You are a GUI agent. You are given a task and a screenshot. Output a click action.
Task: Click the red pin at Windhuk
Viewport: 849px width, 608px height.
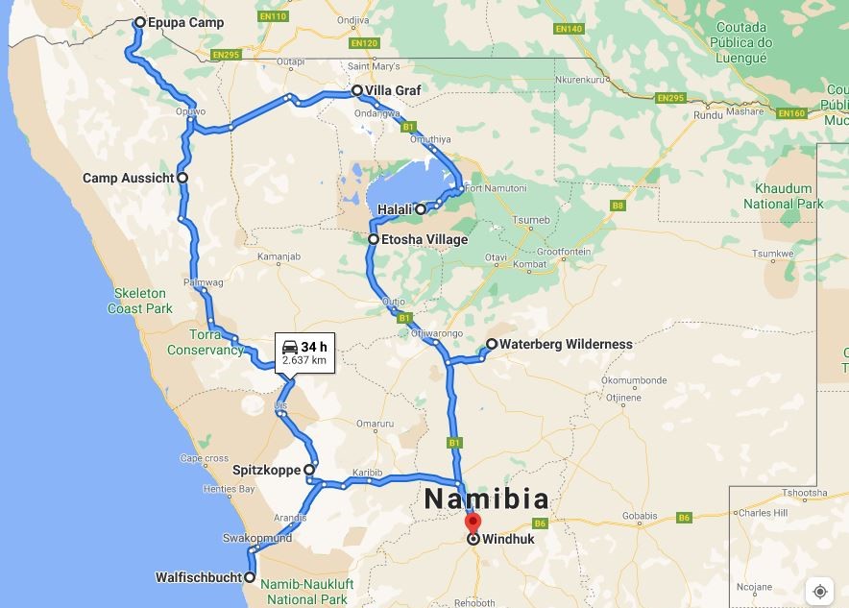tap(473, 523)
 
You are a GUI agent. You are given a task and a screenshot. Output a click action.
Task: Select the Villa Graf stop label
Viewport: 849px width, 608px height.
tap(393, 91)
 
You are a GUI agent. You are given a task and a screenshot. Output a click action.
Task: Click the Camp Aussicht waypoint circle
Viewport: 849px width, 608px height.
tap(182, 178)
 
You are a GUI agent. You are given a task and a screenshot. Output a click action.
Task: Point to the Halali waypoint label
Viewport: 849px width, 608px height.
tap(395, 209)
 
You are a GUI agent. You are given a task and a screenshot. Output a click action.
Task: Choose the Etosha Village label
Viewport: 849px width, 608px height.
tap(424, 239)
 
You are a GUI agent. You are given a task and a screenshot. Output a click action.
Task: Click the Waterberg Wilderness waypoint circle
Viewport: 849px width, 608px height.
tap(492, 344)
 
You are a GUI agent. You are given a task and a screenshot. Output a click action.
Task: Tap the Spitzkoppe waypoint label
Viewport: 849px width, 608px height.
tap(266, 471)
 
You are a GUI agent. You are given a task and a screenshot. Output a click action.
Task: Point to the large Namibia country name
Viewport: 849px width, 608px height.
tap(487, 499)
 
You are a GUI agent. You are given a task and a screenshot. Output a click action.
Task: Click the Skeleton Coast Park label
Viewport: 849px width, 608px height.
tap(140, 301)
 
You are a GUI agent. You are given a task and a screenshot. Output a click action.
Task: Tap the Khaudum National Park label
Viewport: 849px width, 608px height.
tap(784, 196)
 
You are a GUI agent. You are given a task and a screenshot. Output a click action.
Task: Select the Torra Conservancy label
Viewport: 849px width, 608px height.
tap(206, 343)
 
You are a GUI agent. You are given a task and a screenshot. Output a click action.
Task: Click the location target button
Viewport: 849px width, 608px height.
tap(819, 591)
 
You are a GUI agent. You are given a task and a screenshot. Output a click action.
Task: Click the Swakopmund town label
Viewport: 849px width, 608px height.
tap(256, 539)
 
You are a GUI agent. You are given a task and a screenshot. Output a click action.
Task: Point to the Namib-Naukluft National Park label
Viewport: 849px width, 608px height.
tap(307, 592)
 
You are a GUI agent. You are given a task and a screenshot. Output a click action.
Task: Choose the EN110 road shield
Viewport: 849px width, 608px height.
tap(273, 16)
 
